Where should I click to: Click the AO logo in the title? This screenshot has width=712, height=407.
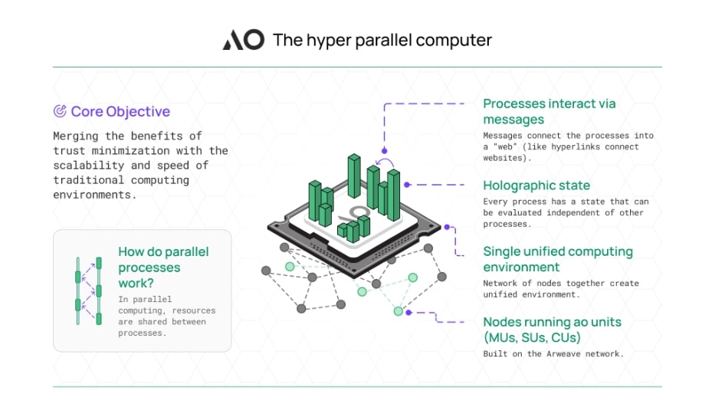pos(244,40)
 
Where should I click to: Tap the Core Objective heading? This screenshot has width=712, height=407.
pos(120,111)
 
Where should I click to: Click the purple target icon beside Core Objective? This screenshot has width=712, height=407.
pos(60,111)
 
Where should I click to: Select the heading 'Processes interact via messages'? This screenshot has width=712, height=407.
pos(550,111)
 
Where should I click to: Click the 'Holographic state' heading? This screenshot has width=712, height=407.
pos(536,185)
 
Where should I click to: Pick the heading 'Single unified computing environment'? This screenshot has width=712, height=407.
pos(558,259)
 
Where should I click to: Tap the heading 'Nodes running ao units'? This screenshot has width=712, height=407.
pos(552,322)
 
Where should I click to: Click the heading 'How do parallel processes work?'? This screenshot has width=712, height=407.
pos(163,267)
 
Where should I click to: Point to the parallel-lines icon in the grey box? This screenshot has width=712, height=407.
pos(89,290)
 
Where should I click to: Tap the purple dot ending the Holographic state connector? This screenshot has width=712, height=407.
pos(407,185)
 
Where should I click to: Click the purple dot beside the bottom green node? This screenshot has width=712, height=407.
pos(408,313)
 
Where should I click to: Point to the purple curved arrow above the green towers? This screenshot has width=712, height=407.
pos(384,162)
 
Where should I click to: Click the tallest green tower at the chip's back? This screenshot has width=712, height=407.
pos(354,176)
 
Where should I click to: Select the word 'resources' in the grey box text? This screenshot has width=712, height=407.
pos(193,310)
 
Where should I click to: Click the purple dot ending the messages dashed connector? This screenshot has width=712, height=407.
pos(384,151)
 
